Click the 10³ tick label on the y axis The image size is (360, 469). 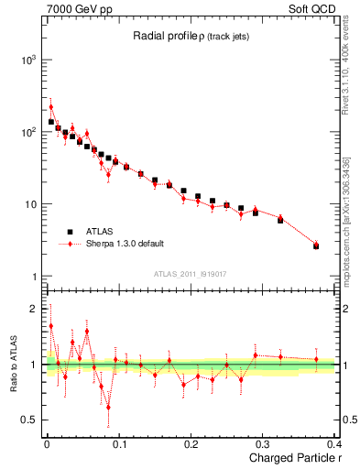tap(27, 60)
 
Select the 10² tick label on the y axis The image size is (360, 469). tap(27, 132)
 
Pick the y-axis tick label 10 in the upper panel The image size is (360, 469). tap(29, 204)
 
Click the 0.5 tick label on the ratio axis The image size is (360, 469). tap(28, 420)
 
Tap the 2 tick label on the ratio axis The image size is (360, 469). tap(33, 309)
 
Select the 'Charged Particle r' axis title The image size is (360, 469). tap(290, 458)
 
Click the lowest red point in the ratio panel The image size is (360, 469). tap(108, 407)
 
